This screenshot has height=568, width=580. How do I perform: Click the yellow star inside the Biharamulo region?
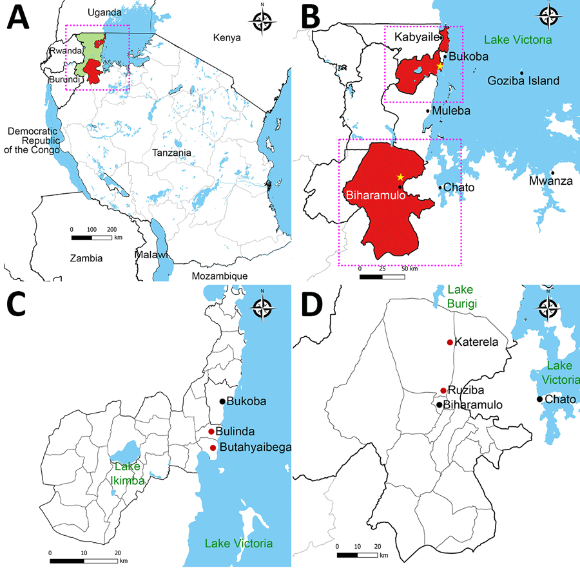coord(400,176)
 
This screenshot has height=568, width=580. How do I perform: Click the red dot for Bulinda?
coord(211,431)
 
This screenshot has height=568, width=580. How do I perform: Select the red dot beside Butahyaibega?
coord(213,448)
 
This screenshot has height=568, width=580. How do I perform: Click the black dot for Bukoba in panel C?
coord(222,401)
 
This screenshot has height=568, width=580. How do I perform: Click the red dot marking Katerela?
coord(449,343)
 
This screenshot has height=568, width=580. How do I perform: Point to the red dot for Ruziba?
coord(443,390)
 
